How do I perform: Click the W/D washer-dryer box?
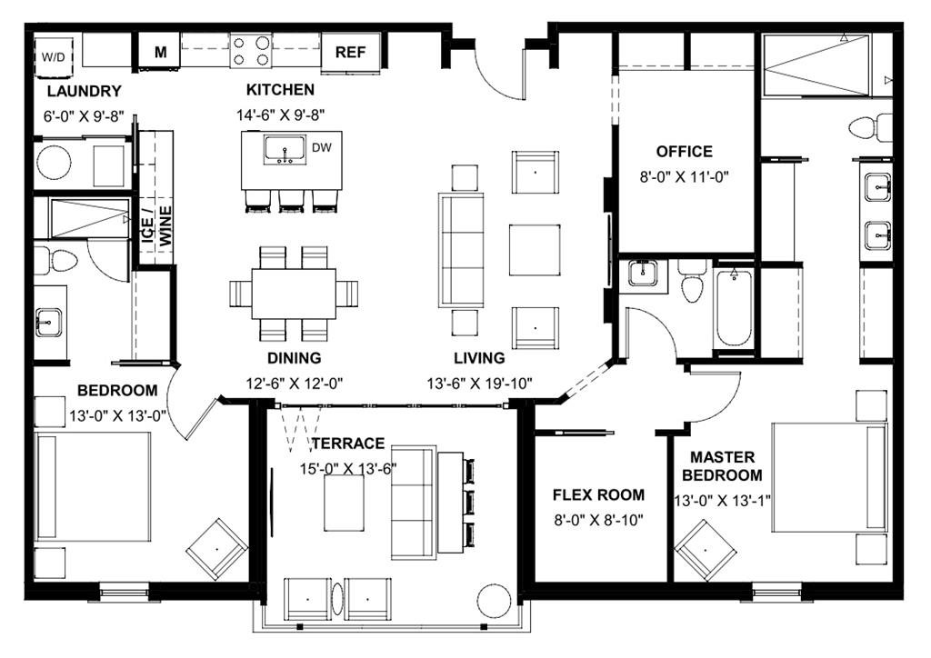click(54, 57)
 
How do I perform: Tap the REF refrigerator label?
click(350, 52)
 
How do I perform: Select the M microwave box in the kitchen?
click(160, 52)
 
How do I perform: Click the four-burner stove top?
click(251, 51)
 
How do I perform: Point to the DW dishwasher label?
click(322, 147)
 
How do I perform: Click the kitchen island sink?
click(285, 150)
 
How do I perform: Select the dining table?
click(294, 294)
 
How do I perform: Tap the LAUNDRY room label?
click(85, 92)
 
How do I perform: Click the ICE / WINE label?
click(156, 226)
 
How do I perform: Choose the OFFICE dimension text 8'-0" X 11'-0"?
click(684, 177)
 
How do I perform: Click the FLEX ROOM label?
click(598, 494)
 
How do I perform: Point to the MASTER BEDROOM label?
click(722, 466)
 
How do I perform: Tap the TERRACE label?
click(348, 444)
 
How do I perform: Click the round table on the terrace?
click(495, 602)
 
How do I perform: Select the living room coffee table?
click(535, 250)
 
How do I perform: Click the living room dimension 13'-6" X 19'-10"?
click(480, 384)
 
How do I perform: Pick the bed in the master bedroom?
click(830, 477)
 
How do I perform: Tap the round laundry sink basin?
click(54, 163)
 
